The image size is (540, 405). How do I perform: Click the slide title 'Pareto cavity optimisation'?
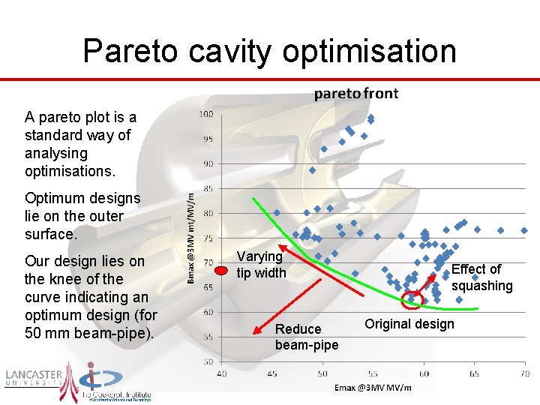[x=269, y=51]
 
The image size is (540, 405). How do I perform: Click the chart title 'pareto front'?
[x=355, y=94]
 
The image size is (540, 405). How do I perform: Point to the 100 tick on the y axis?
[x=205, y=114]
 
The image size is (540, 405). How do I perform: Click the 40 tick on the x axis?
[x=222, y=373]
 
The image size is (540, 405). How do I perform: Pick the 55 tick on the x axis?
[x=373, y=373]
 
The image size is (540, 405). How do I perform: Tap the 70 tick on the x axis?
[x=523, y=373]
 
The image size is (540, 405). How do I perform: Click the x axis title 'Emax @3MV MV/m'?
[x=373, y=387]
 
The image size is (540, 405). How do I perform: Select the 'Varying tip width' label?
[x=261, y=265]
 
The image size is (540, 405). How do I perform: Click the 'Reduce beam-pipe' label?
[x=306, y=337]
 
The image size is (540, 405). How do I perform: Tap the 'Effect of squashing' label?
[x=481, y=277]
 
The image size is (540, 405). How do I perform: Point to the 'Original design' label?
[x=409, y=324]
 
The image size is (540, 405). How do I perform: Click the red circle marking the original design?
[x=412, y=301]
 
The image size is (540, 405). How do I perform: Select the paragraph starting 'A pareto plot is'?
[x=80, y=144]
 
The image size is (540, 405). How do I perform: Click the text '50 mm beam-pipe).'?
[x=89, y=333]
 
